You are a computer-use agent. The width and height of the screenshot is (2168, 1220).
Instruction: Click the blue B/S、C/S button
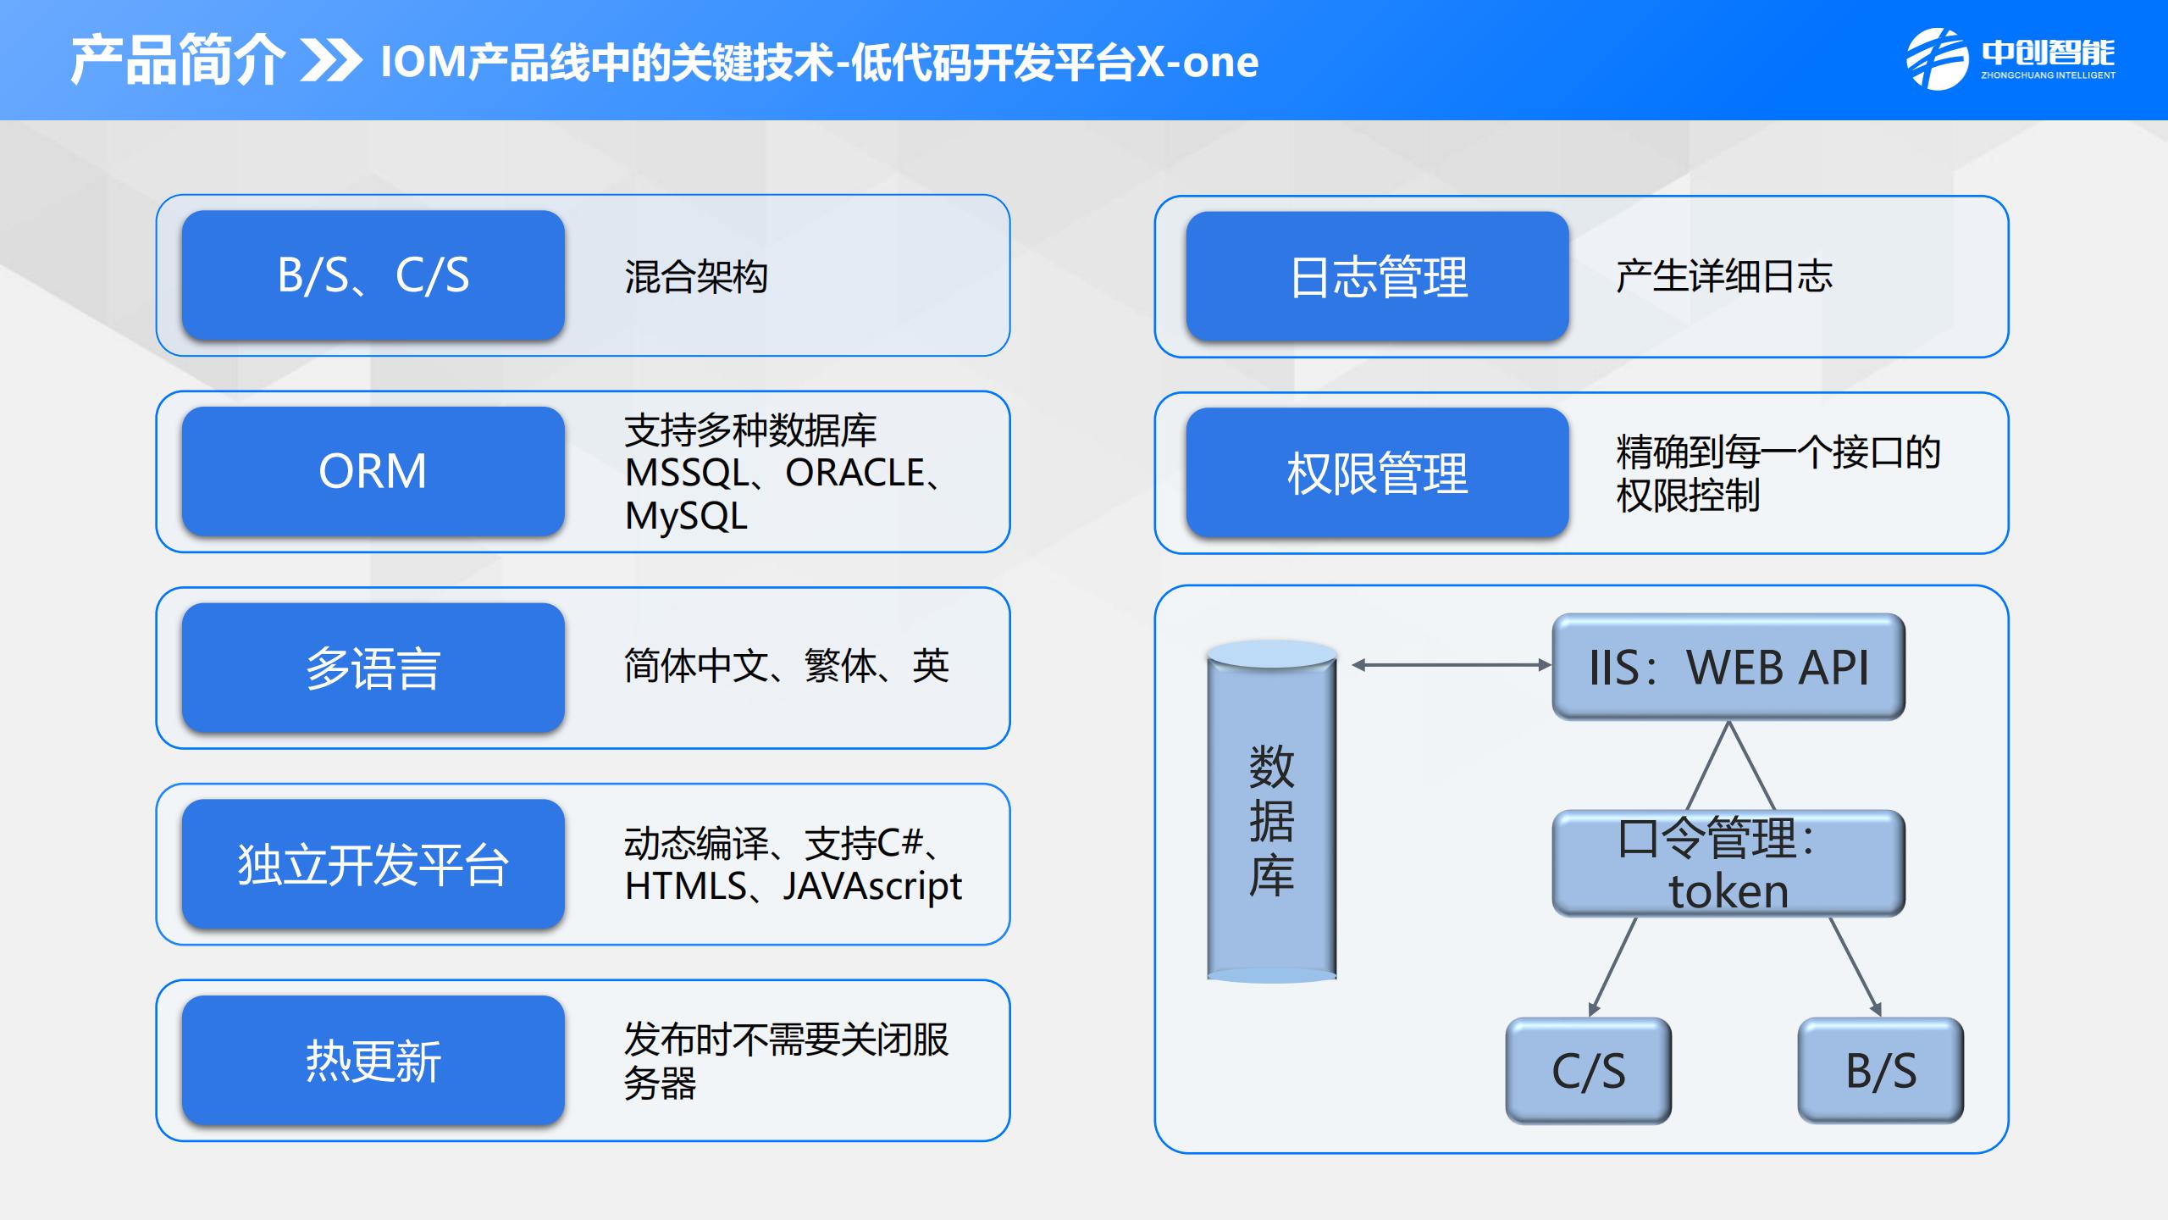point(373,275)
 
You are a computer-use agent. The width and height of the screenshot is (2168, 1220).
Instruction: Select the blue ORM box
point(373,471)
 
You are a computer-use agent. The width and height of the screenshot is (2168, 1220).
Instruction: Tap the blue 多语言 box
point(373,668)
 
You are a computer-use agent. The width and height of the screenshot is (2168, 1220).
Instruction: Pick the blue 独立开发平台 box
point(373,864)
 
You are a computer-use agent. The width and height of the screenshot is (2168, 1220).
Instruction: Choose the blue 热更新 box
point(373,1061)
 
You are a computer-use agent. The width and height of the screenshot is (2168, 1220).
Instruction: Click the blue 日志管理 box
point(1377,276)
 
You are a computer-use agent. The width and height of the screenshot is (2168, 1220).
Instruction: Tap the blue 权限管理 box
point(1377,473)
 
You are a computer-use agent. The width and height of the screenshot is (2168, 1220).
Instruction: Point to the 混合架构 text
point(696,276)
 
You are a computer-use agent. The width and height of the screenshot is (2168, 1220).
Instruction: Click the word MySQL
point(686,515)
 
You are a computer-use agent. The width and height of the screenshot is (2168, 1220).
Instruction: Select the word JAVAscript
point(872,886)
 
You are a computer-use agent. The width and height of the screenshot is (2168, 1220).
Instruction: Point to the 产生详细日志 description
point(1724,276)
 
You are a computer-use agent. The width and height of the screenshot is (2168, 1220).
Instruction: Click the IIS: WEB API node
point(1728,667)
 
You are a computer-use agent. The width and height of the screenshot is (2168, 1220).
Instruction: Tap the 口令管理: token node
point(1728,863)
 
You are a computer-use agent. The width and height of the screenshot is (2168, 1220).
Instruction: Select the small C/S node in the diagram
point(1589,1071)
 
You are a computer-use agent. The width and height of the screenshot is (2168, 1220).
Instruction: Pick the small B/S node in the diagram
point(1881,1071)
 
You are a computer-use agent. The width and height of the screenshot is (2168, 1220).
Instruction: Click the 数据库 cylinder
point(1272,812)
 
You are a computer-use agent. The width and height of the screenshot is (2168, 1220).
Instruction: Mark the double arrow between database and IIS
point(1452,665)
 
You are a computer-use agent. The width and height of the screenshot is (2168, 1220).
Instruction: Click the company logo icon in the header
point(1936,59)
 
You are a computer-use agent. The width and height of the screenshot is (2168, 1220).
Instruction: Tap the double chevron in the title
point(331,61)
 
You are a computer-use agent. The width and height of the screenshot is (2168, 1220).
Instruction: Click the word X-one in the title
point(1197,62)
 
